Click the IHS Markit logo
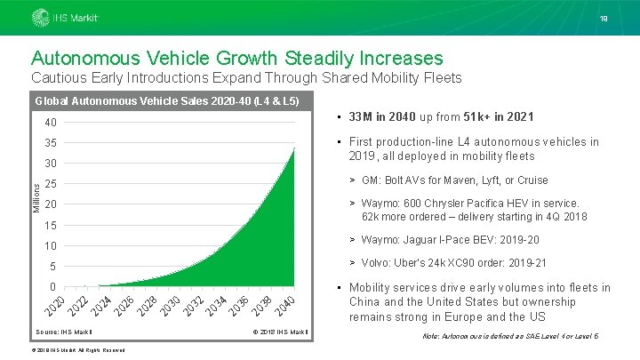[66, 18]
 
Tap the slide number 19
[604, 18]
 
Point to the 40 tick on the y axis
[51, 123]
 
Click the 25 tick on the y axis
[51, 184]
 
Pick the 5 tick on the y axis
[53, 266]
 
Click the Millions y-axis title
[36, 195]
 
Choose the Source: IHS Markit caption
[64, 332]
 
